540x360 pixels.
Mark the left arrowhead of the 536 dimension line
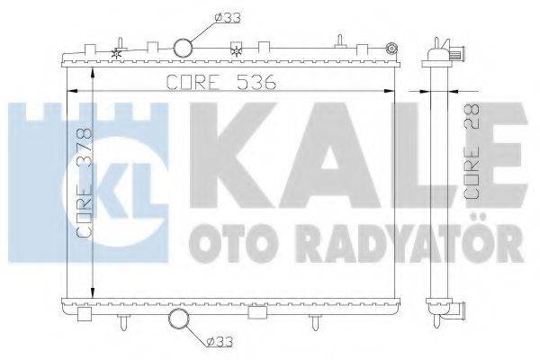click(x=73, y=91)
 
